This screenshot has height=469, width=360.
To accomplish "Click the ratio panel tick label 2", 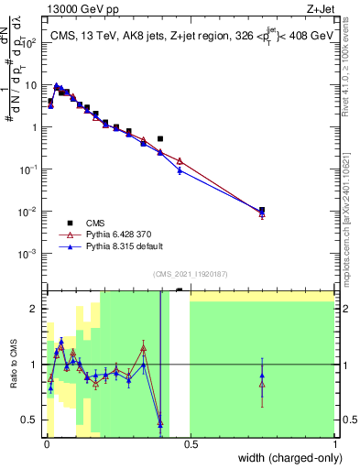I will [34, 309].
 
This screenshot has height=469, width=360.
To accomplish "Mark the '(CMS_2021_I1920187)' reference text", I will [190, 273].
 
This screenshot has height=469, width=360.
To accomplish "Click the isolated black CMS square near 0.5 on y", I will [160, 139].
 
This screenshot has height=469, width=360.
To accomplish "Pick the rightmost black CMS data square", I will [262, 210].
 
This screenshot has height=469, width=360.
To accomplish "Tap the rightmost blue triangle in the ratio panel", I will [262, 375].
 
